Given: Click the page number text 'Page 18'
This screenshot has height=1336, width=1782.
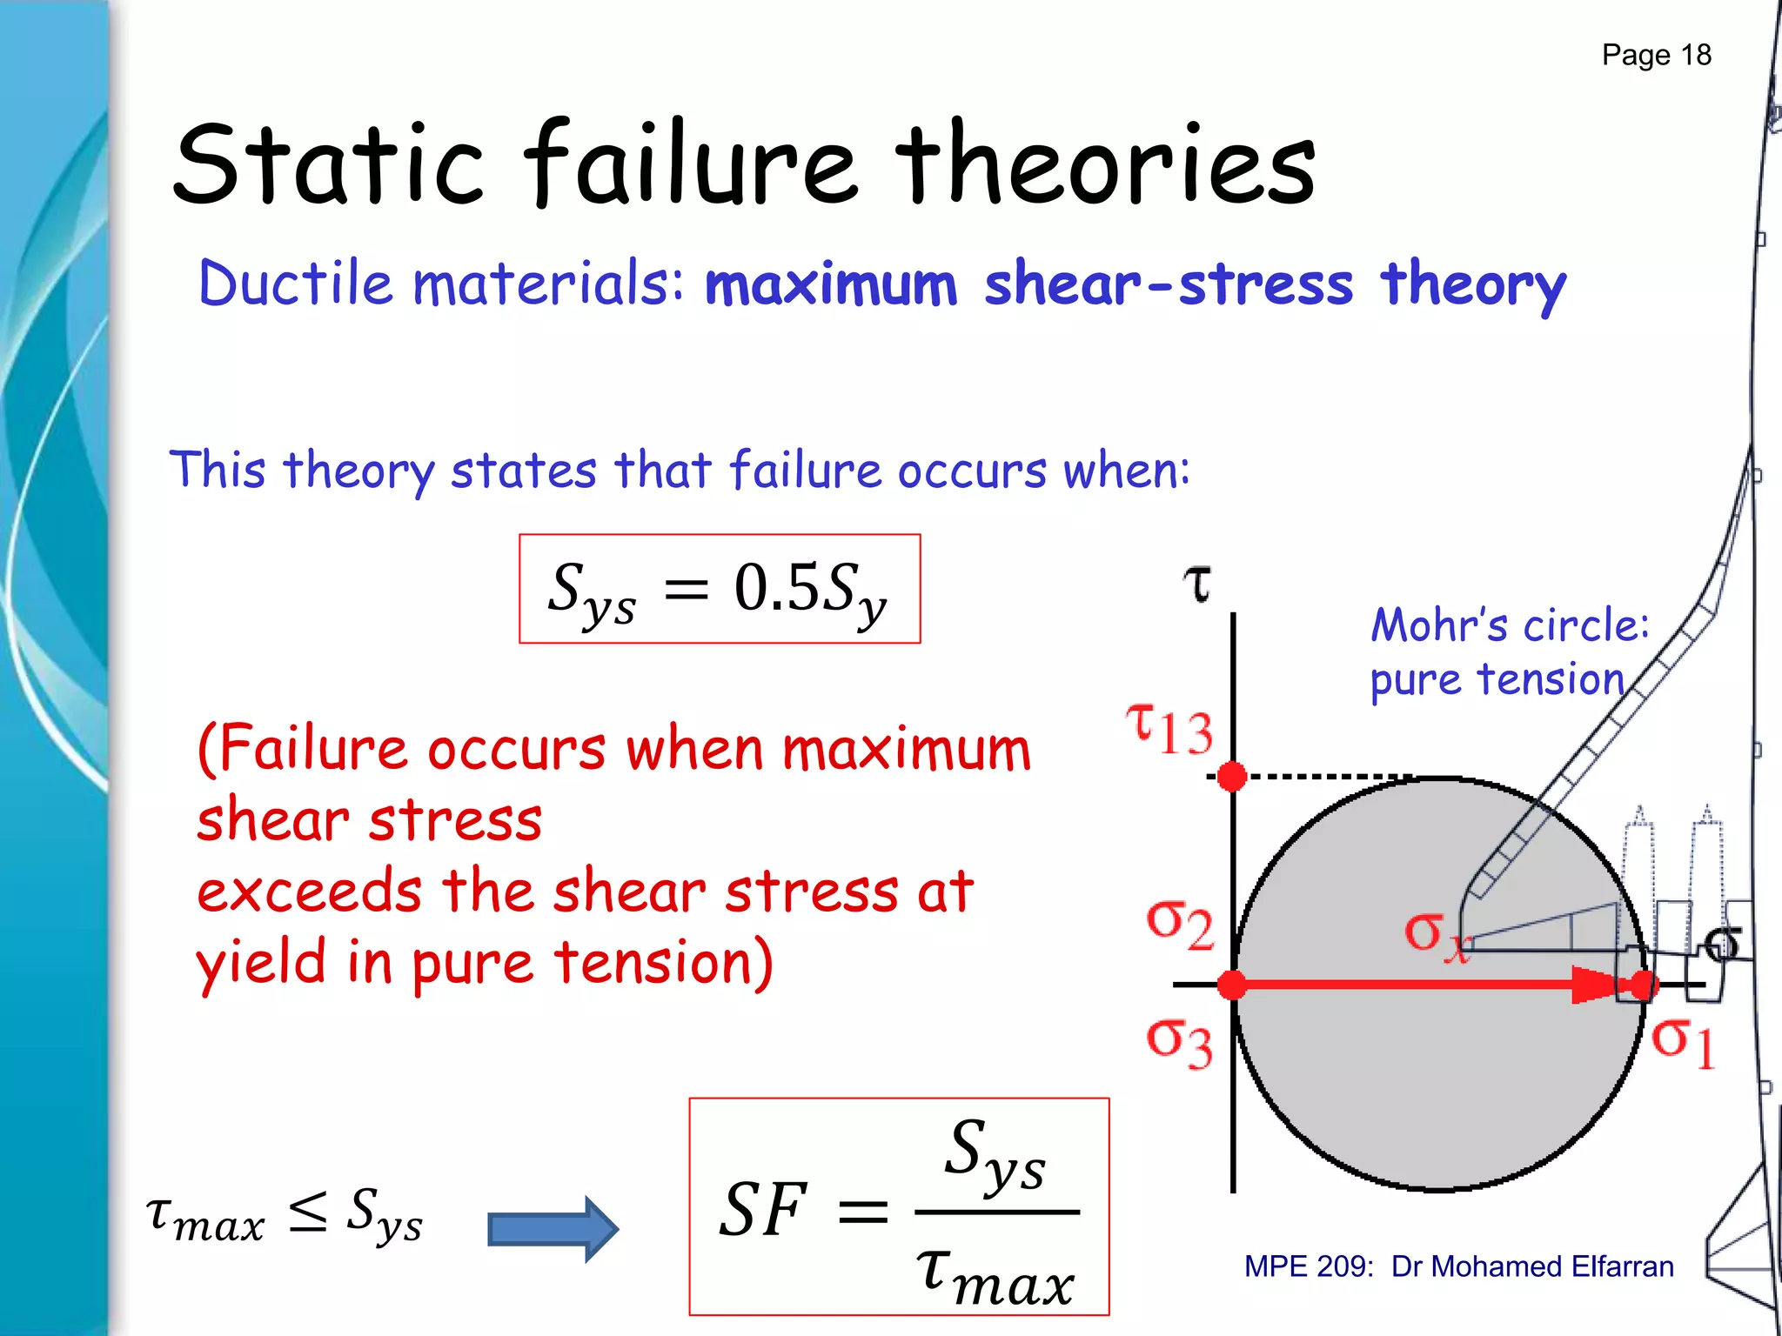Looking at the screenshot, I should coord(1656,55).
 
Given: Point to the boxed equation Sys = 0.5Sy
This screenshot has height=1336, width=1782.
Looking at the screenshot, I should coord(719,589).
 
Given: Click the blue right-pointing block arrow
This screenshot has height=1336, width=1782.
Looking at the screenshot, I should coord(553,1229).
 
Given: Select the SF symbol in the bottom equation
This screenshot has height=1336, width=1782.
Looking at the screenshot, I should coord(763,1210).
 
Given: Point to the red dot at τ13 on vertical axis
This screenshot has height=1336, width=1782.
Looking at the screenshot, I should coord(1232,776).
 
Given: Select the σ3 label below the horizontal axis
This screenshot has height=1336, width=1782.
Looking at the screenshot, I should coord(1179,1043).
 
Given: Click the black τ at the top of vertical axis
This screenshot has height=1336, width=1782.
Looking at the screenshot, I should coord(1198,584).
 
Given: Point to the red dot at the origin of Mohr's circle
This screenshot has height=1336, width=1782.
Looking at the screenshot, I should coord(1232,985).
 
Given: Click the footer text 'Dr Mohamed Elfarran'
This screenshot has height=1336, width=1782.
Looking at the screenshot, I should coord(1532,1266).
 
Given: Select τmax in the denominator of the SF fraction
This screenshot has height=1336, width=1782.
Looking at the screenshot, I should coord(995,1273).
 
